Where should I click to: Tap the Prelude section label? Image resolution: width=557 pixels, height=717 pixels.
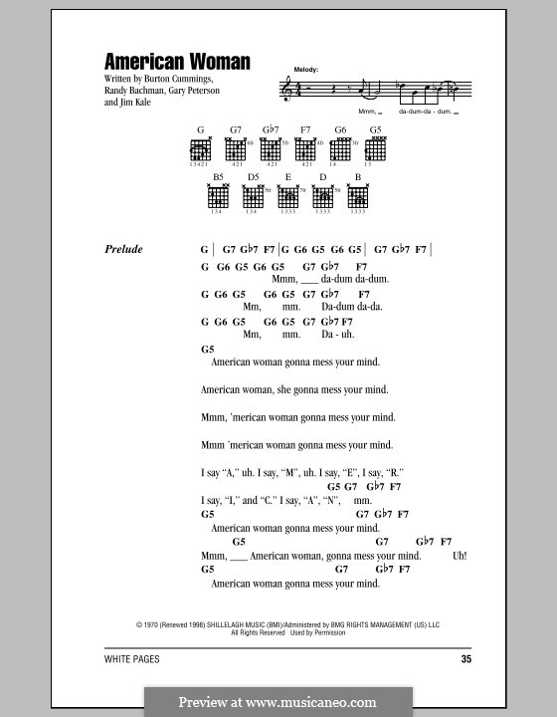click(x=123, y=250)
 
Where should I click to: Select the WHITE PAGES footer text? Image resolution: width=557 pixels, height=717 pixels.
click(x=131, y=659)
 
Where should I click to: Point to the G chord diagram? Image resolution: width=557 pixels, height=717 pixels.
click(x=200, y=150)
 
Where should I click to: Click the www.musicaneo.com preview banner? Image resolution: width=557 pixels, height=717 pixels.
click(x=278, y=701)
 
